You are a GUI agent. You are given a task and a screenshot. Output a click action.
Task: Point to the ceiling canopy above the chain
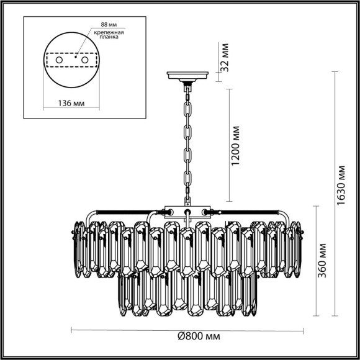click(187, 78)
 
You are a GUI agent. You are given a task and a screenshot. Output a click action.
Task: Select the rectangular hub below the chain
click(187, 211)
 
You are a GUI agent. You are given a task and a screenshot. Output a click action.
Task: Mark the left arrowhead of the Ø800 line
click(72, 328)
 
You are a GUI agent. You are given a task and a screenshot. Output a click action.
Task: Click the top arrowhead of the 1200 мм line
click(231, 90)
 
